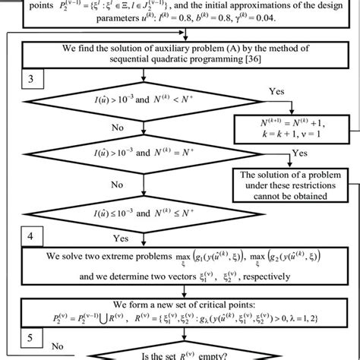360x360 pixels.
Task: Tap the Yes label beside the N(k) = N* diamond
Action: coord(301,152)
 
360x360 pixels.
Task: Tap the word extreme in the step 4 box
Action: coord(122,254)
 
